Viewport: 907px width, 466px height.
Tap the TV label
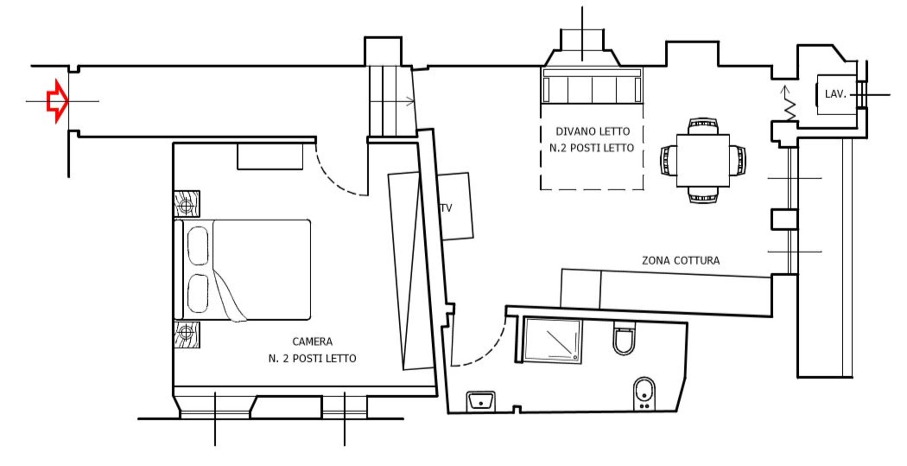click(x=446, y=208)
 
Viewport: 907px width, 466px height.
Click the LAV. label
click(x=835, y=94)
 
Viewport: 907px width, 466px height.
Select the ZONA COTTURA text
click(x=681, y=260)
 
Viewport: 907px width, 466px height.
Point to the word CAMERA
click(x=312, y=341)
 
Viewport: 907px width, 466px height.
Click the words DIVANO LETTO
click(x=592, y=131)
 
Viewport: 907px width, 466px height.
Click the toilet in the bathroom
click(x=624, y=338)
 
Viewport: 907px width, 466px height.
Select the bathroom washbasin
click(x=481, y=401)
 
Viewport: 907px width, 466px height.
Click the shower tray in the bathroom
click(x=553, y=340)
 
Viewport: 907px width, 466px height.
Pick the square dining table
click(x=703, y=160)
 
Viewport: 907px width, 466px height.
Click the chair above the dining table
click(x=703, y=126)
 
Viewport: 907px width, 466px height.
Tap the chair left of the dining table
click(x=668, y=160)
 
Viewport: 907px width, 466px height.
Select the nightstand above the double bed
click(x=187, y=204)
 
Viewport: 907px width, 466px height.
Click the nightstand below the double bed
click(x=187, y=335)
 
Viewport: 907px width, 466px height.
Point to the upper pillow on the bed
click(x=197, y=245)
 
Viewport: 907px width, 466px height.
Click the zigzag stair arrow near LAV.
click(x=789, y=104)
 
